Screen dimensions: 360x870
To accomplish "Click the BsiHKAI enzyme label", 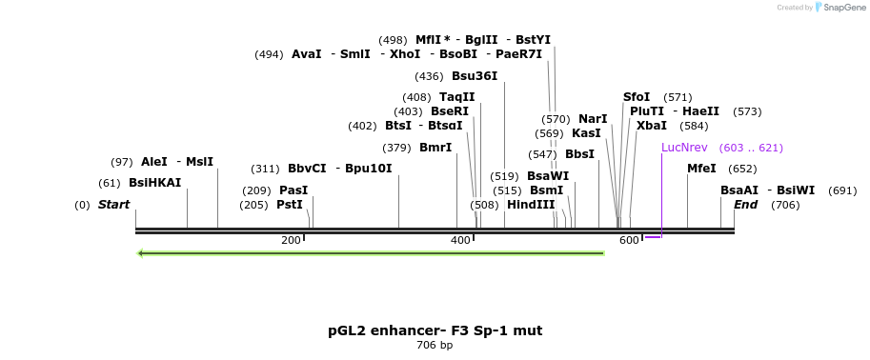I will click(154, 183).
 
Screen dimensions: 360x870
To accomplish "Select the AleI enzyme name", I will click(153, 162).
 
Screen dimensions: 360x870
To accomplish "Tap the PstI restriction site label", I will click(289, 205).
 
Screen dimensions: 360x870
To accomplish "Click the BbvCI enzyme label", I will click(307, 169).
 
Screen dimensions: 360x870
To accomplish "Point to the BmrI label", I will click(435, 148).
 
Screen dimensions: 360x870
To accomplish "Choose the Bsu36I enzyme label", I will click(475, 76).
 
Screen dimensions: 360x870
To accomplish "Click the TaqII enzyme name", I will click(456, 97).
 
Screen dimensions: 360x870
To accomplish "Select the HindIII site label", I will click(531, 205).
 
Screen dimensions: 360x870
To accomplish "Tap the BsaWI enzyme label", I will click(548, 176).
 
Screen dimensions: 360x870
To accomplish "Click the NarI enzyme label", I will click(593, 119).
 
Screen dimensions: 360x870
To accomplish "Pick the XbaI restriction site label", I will click(652, 126).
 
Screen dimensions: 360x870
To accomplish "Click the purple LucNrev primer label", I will click(684, 148).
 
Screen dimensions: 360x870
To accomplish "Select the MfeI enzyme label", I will click(701, 169).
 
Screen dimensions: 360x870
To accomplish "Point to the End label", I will click(745, 205).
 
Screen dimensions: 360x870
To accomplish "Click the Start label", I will click(113, 205).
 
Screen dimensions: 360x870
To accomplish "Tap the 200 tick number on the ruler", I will click(291, 241).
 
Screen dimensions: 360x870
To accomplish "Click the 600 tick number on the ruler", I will click(629, 241).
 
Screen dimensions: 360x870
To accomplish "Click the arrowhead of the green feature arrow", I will click(141, 253).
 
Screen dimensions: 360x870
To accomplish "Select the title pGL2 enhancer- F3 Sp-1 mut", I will click(435, 330).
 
